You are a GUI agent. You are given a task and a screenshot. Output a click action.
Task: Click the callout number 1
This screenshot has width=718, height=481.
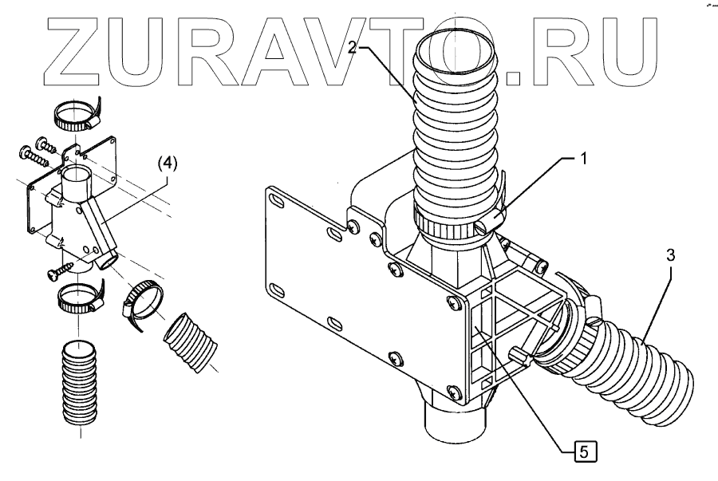click(582, 159)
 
